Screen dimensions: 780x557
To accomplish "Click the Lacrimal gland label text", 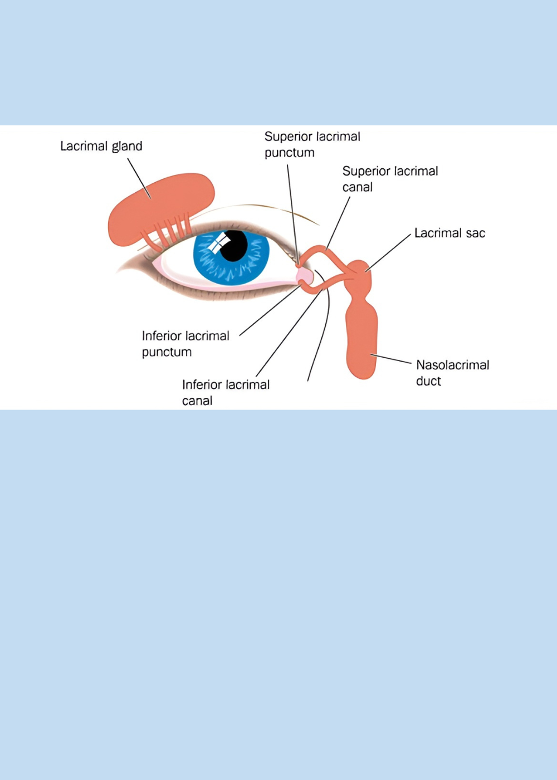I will click(101, 146).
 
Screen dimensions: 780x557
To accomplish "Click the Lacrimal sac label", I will click(449, 233).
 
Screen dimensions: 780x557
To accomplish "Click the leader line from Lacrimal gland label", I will click(139, 178).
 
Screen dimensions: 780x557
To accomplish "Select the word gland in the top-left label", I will click(128, 147).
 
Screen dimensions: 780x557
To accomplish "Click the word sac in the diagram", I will click(475, 233).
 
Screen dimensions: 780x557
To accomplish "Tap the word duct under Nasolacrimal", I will click(428, 381).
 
